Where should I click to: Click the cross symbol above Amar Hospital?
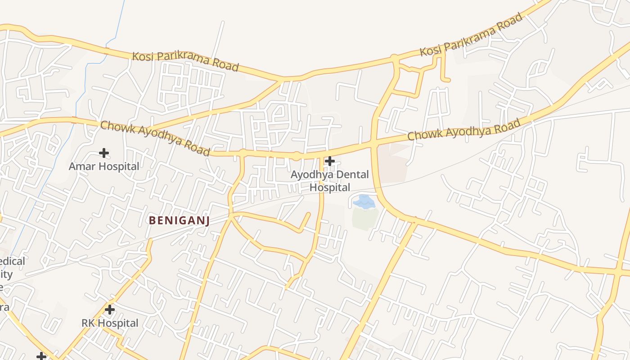coord(104,153)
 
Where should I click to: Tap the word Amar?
coord(82,166)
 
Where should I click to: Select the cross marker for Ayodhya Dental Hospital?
coord(330,161)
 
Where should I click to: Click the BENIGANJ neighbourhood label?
coord(179,220)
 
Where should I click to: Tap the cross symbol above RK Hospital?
coord(109,310)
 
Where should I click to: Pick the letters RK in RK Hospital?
coord(88,323)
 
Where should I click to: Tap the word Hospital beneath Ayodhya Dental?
coord(330,187)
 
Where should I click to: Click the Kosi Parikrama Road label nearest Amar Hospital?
coord(185,61)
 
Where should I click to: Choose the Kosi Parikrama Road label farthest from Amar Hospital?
coord(471,34)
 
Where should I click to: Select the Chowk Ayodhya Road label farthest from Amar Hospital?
coord(464,129)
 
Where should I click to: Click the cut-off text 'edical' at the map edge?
coord(13,261)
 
